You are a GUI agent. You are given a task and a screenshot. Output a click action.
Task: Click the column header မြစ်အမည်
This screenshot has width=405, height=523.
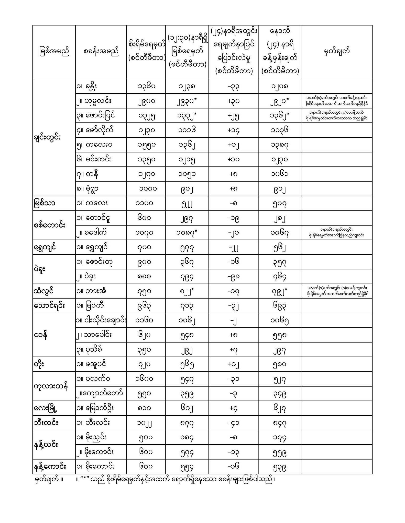(54, 52)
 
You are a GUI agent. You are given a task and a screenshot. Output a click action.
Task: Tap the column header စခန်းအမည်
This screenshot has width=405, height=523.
(101, 52)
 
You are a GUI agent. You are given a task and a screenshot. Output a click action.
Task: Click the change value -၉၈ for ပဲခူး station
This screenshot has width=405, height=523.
(233, 277)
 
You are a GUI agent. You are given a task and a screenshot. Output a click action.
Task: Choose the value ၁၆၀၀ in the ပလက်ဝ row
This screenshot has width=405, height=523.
(145, 379)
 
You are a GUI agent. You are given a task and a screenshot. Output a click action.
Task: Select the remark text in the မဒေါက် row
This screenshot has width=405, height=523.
(336, 233)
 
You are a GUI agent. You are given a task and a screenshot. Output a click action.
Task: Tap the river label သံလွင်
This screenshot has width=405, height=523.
(44, 291)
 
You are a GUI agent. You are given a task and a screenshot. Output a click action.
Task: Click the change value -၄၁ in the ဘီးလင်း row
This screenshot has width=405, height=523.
(233, 423)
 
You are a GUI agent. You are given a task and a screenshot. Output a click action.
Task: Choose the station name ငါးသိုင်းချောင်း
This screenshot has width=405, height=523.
(101, 320)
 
